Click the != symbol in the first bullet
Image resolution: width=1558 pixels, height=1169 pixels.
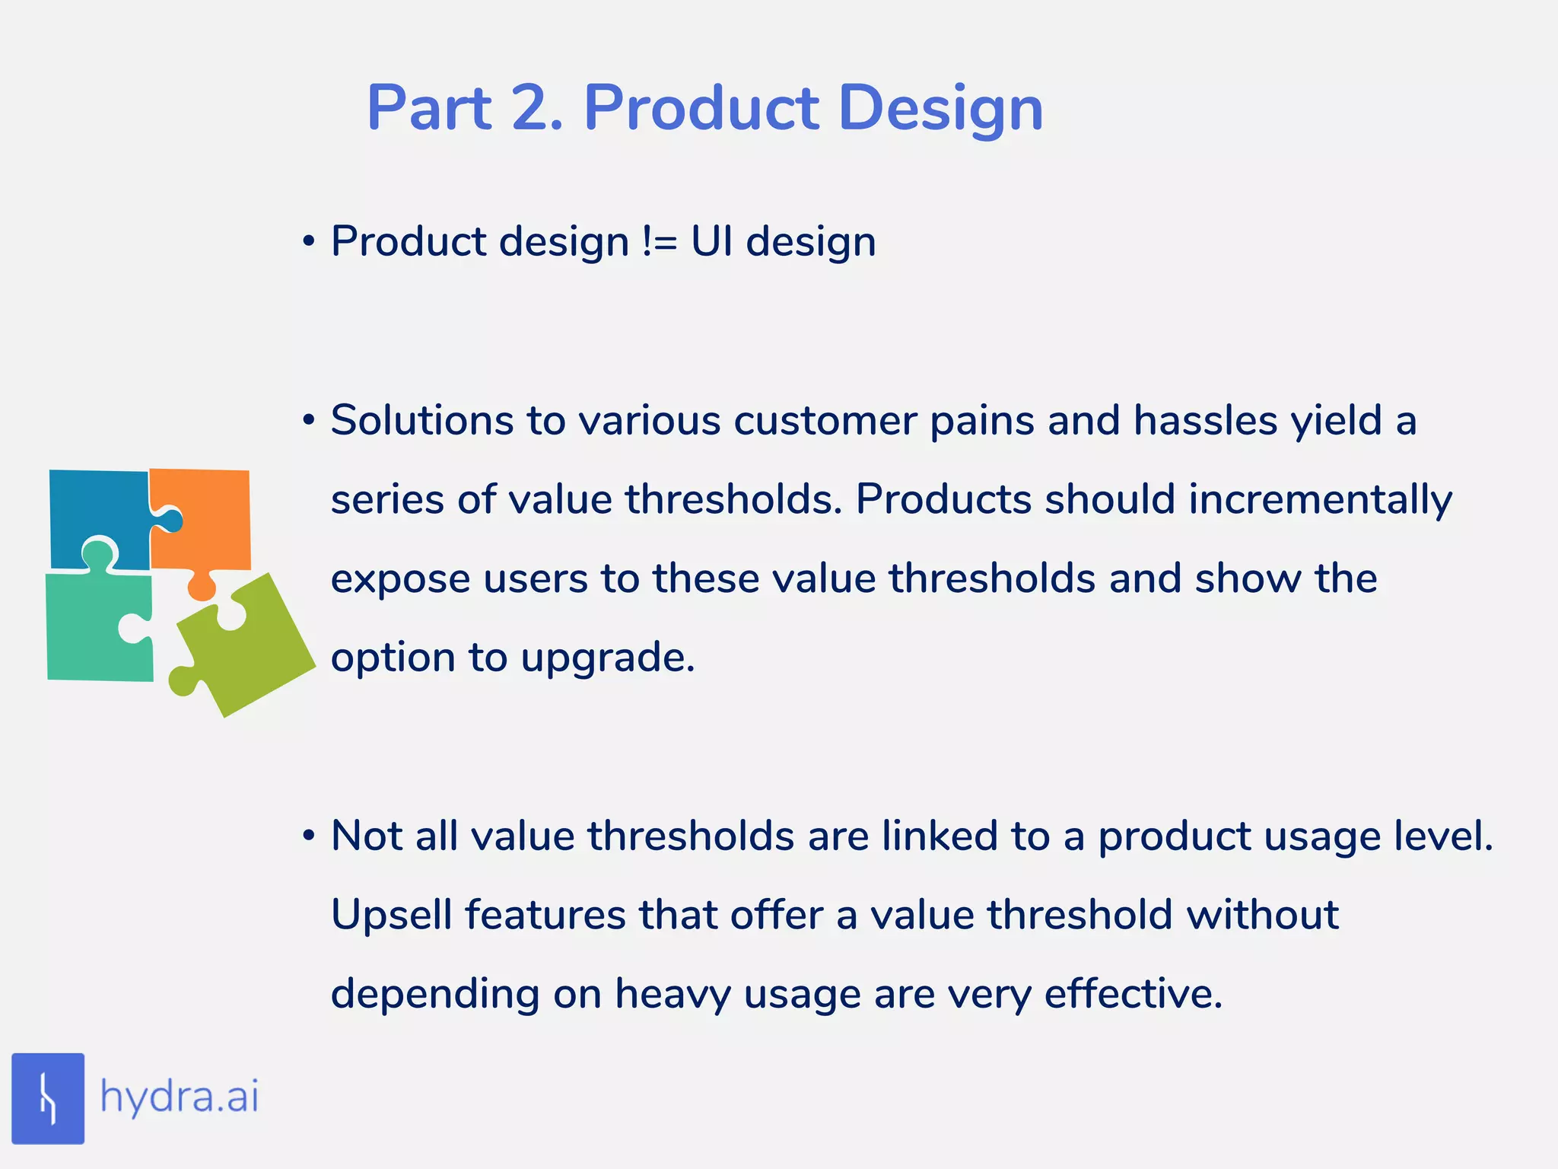click(660, 242)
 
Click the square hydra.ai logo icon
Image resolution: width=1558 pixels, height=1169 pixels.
click(48, 1098)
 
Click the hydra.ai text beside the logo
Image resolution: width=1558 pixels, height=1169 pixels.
click(180, 1097)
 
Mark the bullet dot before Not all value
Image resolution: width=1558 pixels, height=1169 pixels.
click(308, 836)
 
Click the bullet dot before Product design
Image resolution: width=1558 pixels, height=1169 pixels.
click(308, 242)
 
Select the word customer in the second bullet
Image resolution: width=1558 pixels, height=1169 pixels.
click(825, 420)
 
